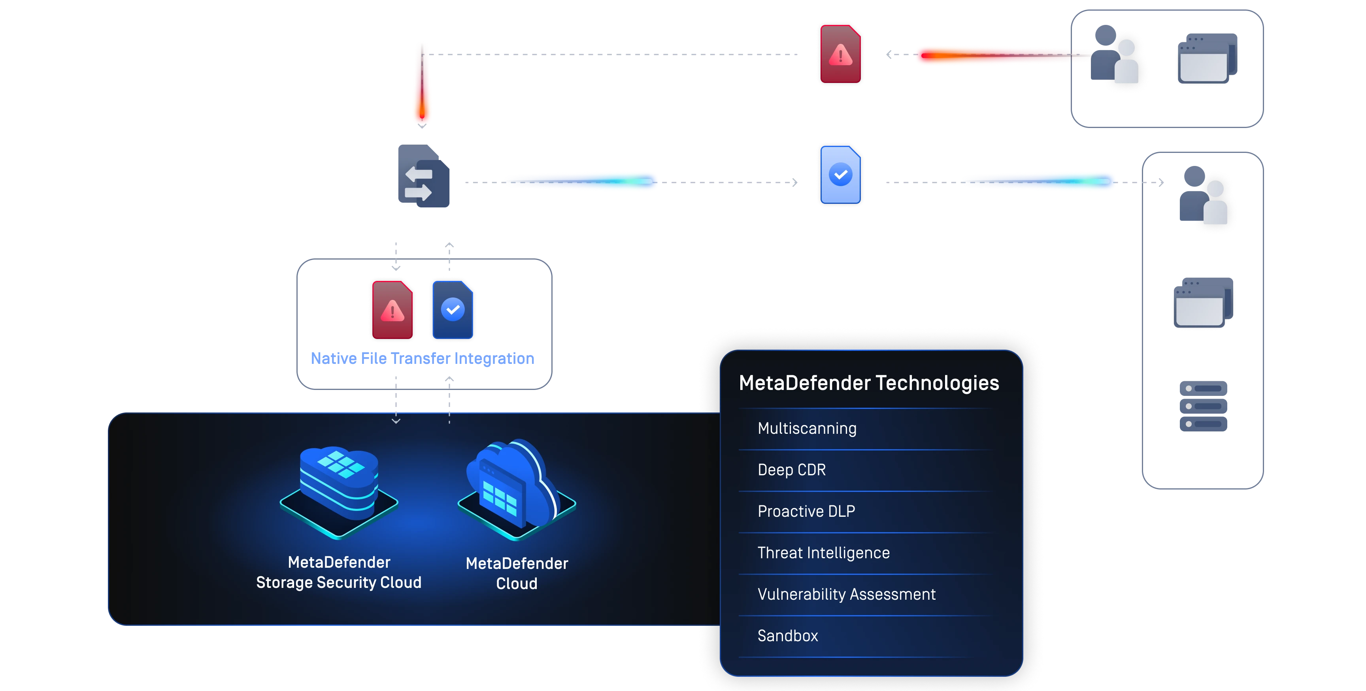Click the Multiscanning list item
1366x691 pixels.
tap(807, 428)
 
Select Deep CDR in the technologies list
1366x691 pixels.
tap(791, 469)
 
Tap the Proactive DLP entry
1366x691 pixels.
tap(806, 511)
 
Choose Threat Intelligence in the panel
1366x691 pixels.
tap(823, 553)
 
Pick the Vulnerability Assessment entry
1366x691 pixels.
tap(846, 594)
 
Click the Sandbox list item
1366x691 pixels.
tap(787, 635)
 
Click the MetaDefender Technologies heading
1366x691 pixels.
tap(869, 382)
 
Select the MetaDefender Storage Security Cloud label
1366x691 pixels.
tap(339, 572)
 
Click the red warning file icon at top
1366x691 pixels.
tap(840, 54)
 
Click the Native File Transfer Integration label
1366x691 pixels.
tap(422, 359)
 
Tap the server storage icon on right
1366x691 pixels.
tap(1204, 406)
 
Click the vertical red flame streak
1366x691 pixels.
tap(422, 85)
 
